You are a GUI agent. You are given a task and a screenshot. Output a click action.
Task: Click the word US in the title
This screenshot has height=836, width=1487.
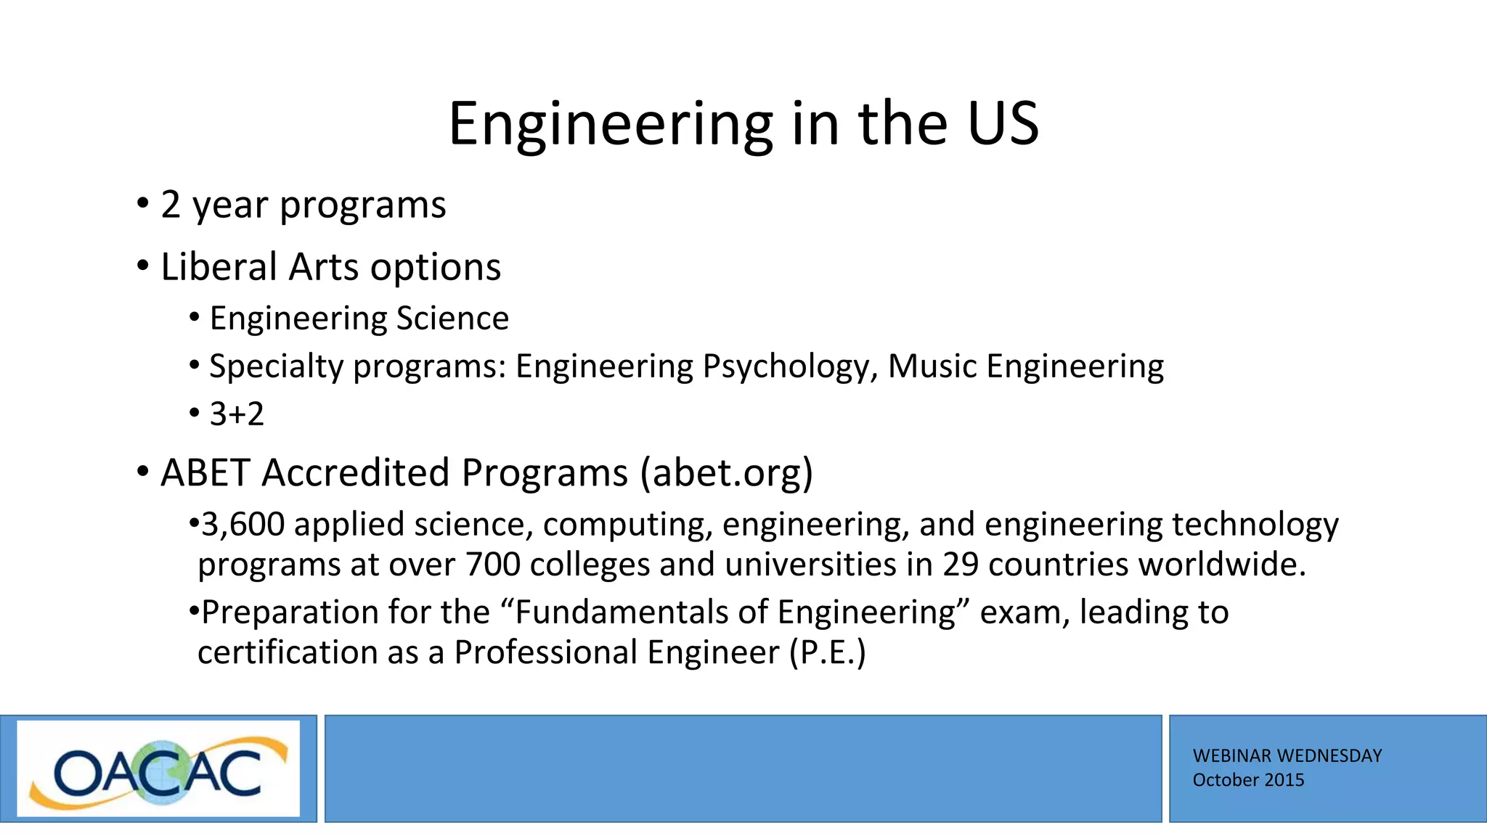click(1003, 123)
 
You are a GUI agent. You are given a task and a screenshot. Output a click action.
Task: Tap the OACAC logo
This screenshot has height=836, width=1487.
click(158, 769)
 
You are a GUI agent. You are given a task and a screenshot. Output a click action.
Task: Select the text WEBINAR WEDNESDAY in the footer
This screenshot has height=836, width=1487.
click(1287, 755)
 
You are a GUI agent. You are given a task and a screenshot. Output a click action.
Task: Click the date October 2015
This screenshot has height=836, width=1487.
click(1248, 780)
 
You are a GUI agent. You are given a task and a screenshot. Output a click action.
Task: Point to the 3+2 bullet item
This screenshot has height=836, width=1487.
click(237, 414)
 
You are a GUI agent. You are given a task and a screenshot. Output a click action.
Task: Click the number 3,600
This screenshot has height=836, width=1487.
click(243, 525)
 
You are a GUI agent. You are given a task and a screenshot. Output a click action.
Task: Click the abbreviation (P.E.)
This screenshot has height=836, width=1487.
click(828, 652)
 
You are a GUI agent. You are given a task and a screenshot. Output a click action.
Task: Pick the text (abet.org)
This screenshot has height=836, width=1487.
click(726, 473)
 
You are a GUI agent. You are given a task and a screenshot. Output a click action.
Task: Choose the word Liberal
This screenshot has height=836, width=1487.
click(220, 267)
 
